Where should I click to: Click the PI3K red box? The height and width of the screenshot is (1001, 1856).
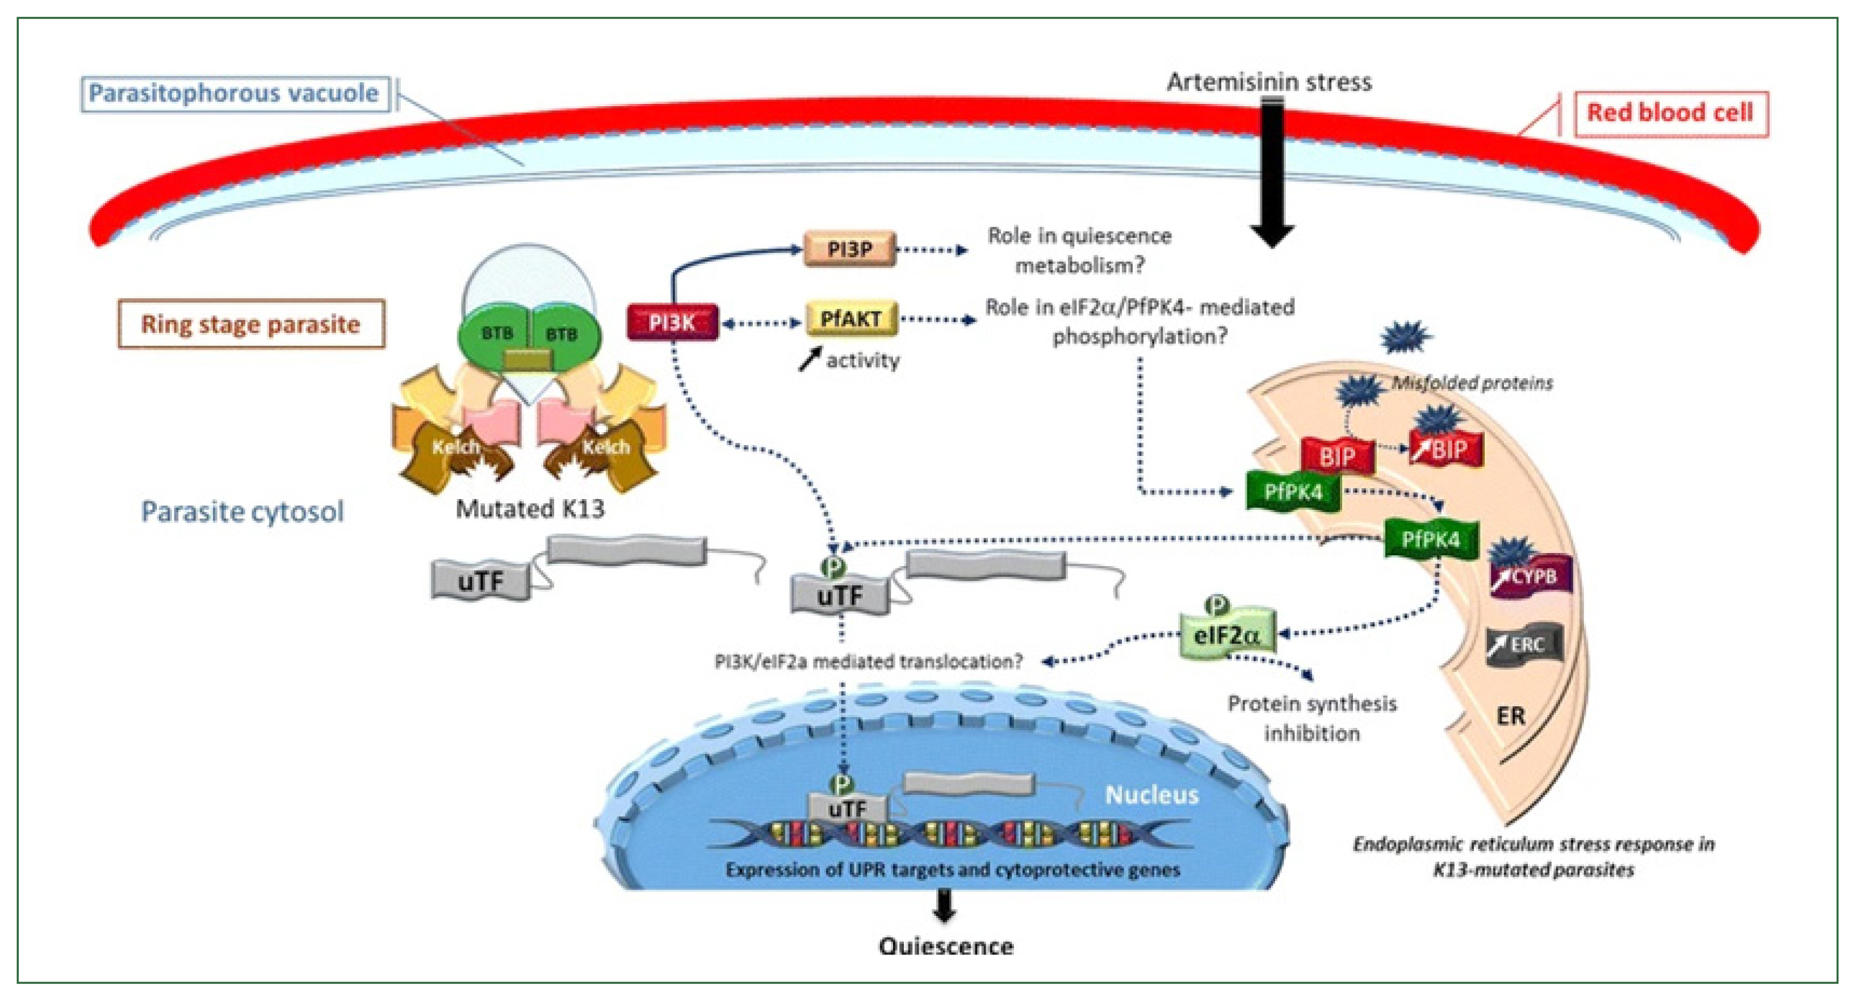coord(672,322)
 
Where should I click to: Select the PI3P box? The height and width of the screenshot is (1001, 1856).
coord(849,249)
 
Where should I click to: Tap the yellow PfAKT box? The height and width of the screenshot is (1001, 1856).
coord(851,319)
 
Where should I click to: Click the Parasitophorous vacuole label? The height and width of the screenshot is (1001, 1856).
coord(233,94)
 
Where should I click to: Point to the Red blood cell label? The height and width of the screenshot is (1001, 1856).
coord(1670,112)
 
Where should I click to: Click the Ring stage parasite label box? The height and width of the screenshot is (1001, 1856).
coord(251,324)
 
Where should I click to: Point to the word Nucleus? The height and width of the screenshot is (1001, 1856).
coord(1151,795)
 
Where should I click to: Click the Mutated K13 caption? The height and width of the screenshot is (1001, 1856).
coord(530,509)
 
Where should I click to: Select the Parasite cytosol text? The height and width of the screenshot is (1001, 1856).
coord(242,512)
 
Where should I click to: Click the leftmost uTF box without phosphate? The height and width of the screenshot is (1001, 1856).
coord(480,581)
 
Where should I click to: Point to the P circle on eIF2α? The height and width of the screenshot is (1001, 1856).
coord(1217,604)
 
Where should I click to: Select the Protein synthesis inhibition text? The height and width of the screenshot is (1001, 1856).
coord(1312,718)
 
